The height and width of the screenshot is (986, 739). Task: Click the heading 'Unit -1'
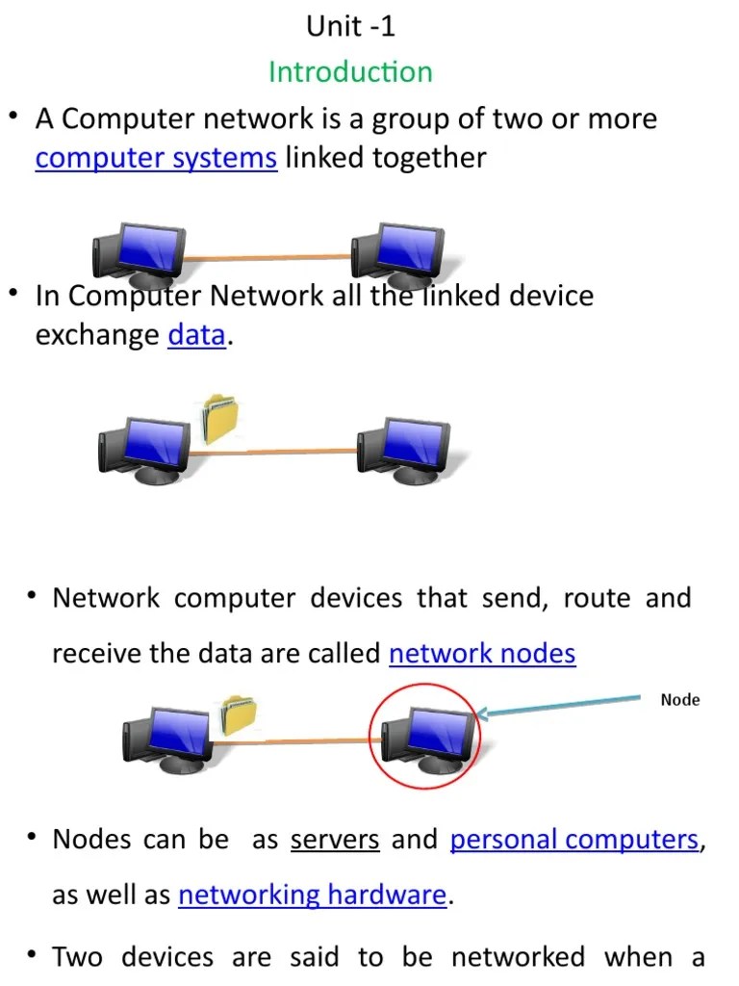click(350, 26)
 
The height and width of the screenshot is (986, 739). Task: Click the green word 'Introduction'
click(350, 71)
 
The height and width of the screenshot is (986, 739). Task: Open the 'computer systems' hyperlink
click(156, 157)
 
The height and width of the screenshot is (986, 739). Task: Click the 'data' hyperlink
click(196, 334)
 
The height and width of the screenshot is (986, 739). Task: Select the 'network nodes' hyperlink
click(482, 653)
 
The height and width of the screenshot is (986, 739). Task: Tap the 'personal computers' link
click(574, 839)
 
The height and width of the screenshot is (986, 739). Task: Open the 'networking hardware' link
click(313, 895)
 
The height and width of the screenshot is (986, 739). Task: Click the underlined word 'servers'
click(335, 839)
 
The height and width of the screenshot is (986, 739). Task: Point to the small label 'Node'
click(680, 700)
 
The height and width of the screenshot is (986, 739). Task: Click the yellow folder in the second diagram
click(221, 420)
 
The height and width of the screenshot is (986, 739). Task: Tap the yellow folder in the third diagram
click(238, 715)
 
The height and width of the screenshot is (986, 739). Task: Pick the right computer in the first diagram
click(396, 252)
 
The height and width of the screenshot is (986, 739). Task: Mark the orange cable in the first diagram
click(267, 257)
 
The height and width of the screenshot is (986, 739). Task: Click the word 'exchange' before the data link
click(97, 334)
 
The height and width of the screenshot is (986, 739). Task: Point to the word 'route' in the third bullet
click(597, 598)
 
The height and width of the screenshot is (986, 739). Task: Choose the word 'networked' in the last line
click(518, 956)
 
